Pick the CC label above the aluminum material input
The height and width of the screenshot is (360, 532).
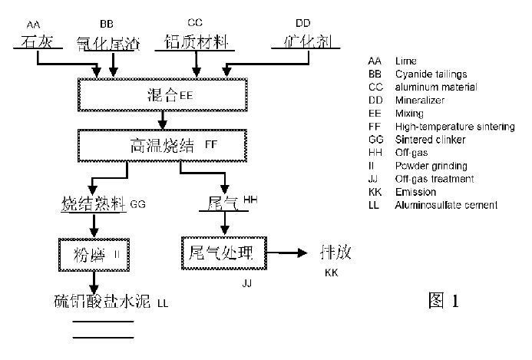click(195, 22)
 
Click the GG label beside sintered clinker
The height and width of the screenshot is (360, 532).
click(137, 205)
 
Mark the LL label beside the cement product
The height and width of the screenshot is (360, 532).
click(162, 304)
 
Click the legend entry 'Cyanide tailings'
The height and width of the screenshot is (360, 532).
click(431, 74)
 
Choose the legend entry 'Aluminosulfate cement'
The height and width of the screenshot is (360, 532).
click(446, 205)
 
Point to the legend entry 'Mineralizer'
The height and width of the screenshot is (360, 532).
click(420, 100)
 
